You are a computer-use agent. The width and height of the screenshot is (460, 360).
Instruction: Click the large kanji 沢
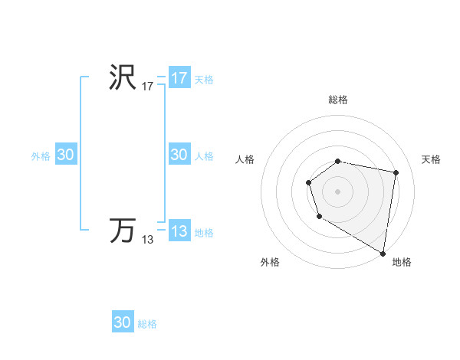(x=123, y=77)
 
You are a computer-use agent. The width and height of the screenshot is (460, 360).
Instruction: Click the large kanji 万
(x=123, y=230)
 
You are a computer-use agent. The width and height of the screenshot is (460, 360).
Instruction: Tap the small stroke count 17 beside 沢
(x=147, y=87)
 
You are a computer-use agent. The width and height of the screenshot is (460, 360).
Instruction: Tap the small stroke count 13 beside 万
(x=147, y=240)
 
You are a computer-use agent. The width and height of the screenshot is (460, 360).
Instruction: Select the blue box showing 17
(x=179, y=78)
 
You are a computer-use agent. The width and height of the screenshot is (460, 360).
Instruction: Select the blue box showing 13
(x=179, y=231)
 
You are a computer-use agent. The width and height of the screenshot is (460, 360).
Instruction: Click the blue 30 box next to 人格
(x=179, y=155)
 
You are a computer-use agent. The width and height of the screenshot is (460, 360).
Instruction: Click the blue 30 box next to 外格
(x=65, y=155)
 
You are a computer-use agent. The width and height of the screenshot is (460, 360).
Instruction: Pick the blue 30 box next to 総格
(x=123, y=322)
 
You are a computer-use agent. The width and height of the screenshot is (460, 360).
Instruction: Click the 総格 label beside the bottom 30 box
(x=147, y=324)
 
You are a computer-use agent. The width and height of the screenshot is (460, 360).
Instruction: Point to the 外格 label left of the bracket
(x=41, y=156)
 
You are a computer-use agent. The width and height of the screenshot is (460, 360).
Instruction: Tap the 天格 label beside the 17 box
(x=204, y=80)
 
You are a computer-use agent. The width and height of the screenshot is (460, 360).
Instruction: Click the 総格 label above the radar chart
(x=338, y=100)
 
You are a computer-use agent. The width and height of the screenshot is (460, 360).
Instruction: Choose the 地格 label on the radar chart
(x=402, y=262)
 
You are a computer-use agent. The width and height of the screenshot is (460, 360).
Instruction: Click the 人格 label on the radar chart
(x=245, y=159)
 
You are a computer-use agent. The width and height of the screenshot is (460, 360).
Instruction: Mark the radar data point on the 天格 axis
(x=396, y=173)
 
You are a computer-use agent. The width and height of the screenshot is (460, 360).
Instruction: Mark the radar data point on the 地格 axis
(x=383, y=253)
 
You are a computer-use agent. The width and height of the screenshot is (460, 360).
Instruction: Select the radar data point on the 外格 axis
(x=319, y=218)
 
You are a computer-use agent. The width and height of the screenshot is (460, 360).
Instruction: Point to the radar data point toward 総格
(x=338, y=161)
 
